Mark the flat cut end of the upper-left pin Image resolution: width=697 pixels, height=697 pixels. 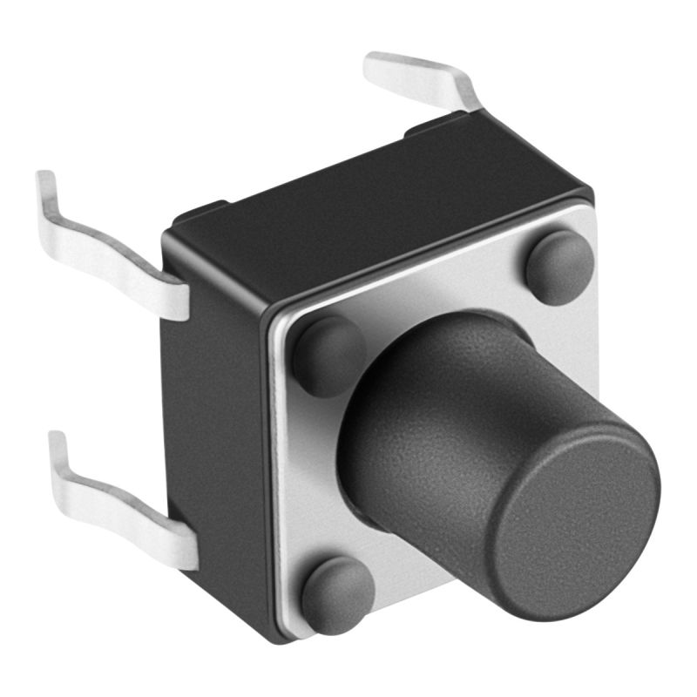tap(174, 301)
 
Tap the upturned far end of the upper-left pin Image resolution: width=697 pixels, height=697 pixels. tap(45, 187)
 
